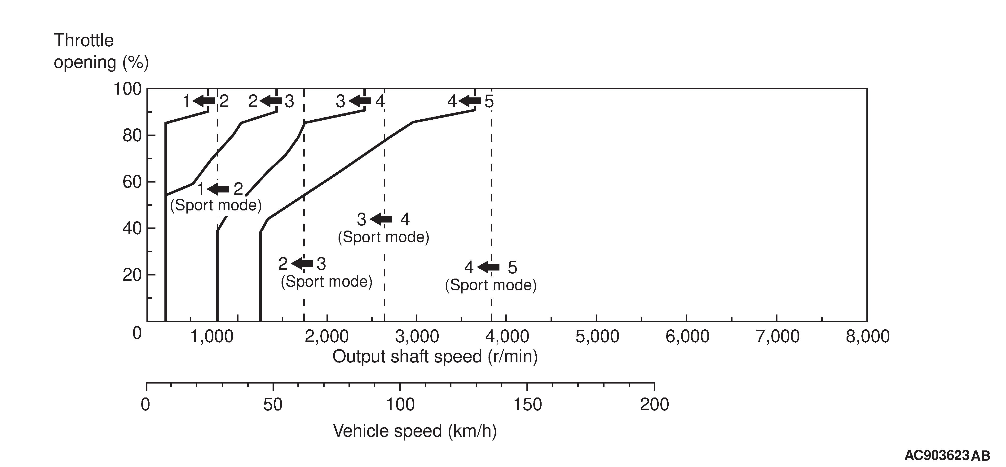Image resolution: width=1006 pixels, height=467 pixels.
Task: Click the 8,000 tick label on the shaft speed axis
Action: (867, 336)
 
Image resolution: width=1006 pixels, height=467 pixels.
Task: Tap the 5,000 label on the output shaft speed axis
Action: (597, 336)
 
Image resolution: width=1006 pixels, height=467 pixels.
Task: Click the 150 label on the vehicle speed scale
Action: (527, 405)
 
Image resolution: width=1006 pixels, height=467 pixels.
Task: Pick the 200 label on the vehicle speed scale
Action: (654, 405)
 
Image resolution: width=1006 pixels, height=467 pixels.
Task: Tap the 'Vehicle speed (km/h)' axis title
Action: (415, 431)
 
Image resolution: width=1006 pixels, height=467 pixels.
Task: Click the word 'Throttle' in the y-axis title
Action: (84, 40)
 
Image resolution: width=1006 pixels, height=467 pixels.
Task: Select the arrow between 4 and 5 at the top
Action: (470, 101)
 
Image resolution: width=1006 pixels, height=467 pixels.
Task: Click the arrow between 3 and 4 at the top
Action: (360, 101)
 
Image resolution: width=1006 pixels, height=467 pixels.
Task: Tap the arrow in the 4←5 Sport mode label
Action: (488, 267)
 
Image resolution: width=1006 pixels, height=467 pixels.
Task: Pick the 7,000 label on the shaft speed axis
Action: (777, 336)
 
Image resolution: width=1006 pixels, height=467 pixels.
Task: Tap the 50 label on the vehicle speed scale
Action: (273, 405)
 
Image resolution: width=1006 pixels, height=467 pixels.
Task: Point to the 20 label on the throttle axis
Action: (132, 275)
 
